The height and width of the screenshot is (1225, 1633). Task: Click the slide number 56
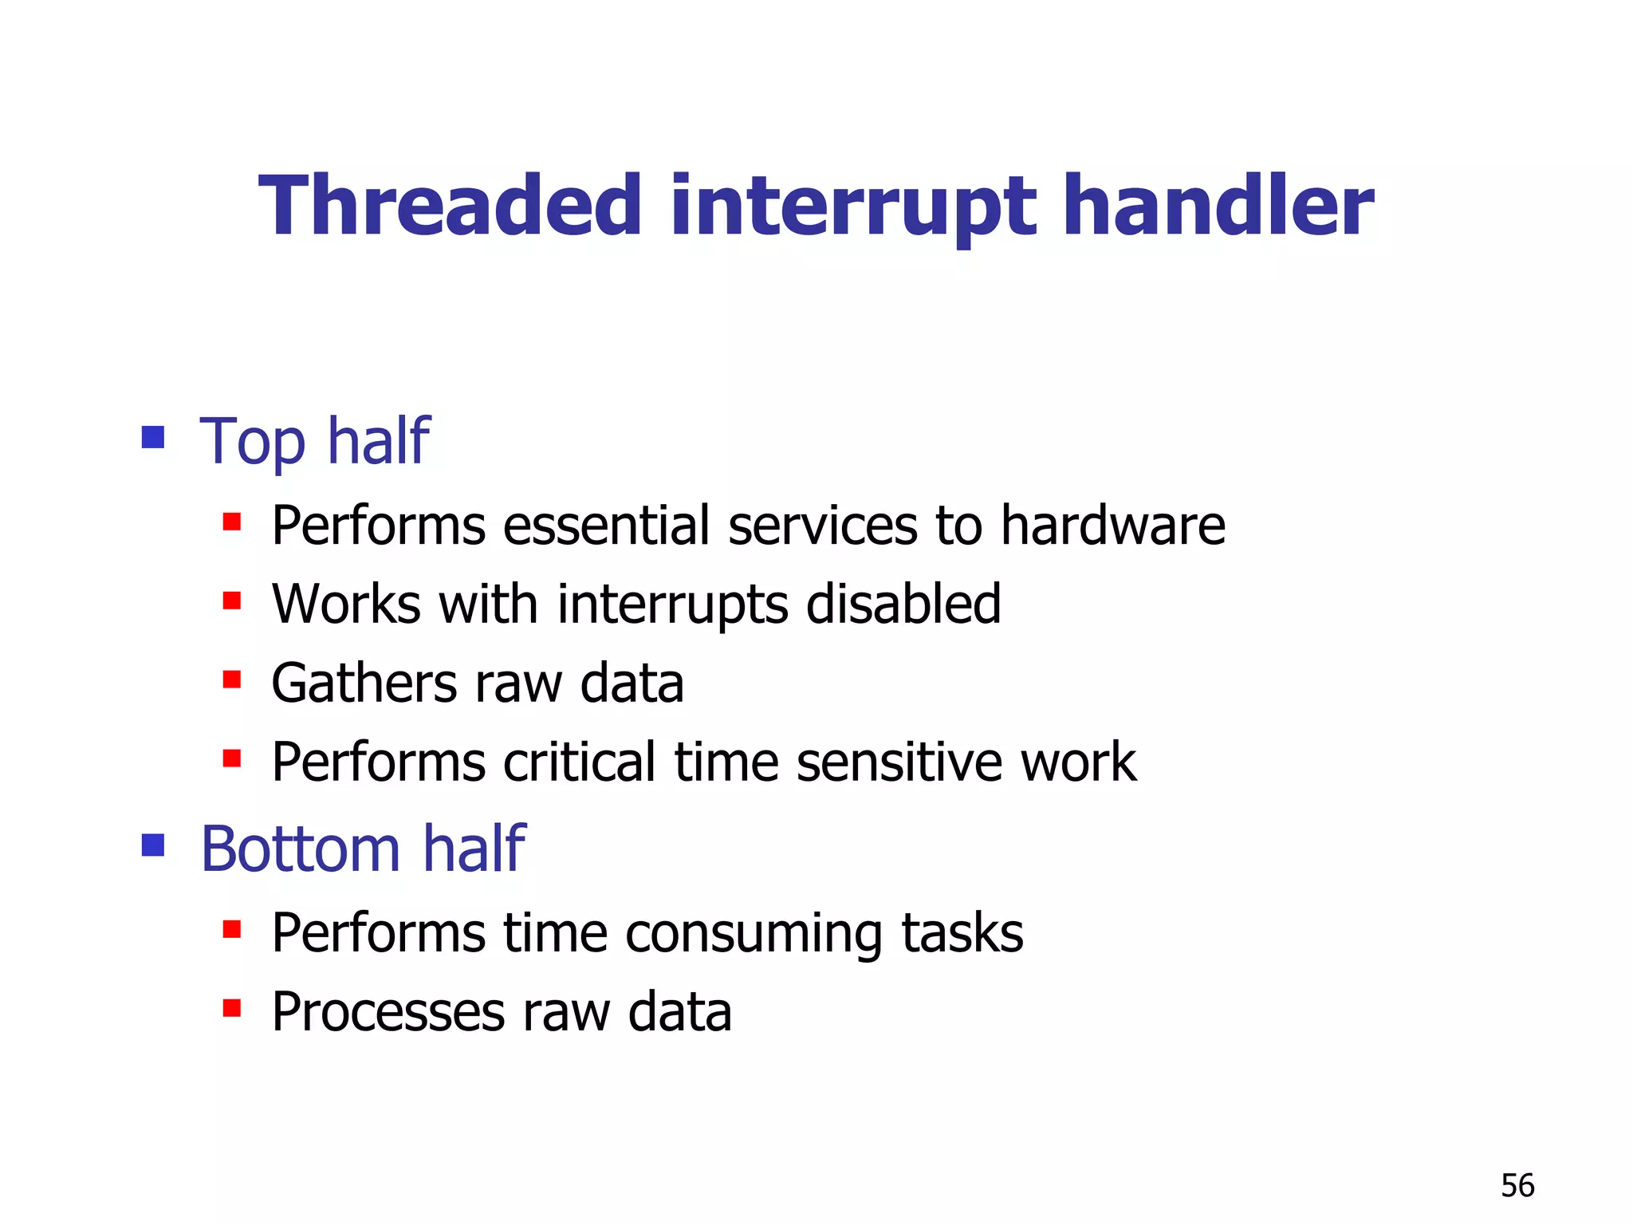1517,1185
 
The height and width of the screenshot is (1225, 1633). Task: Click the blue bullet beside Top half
153,437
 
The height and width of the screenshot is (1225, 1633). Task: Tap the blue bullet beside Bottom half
153,845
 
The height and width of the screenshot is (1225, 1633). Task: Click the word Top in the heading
252,443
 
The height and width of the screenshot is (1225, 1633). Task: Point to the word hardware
1112,526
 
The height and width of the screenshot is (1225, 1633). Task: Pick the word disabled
903,604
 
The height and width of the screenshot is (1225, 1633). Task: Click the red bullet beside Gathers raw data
232,679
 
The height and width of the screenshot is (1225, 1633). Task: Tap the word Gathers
364,683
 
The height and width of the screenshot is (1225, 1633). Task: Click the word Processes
388,1012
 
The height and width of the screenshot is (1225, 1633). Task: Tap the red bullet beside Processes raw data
232,1008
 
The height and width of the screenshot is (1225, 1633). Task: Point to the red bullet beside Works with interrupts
232,600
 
